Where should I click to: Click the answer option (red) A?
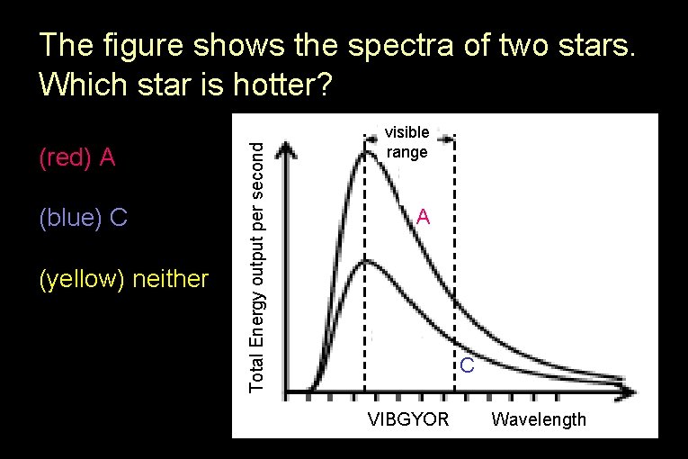tap(77, 158)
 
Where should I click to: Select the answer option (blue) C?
tap(84, 218)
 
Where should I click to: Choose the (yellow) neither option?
tap(124, 280)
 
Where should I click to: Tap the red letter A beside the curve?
tap(424, 218)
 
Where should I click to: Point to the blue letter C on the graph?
tap(467, 366)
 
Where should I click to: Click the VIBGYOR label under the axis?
tap(408, 419)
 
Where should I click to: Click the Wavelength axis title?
tap(539, 419)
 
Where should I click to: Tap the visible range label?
tap(407, 142)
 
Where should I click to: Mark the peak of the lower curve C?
tap(364, 260)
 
